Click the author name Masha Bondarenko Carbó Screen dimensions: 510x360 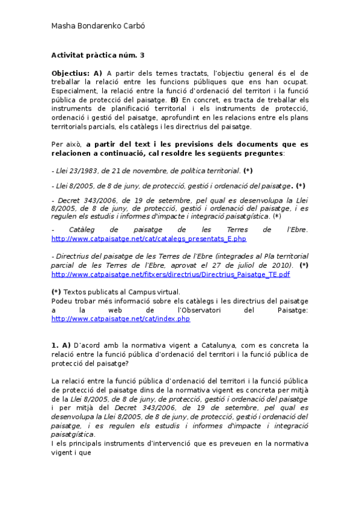point(98,26)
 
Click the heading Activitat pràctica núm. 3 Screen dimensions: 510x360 point(98,55)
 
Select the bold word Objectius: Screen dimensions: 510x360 point(70,73)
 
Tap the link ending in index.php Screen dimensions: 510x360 point(121,319)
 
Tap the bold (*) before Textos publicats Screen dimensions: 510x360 point(56,292)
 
